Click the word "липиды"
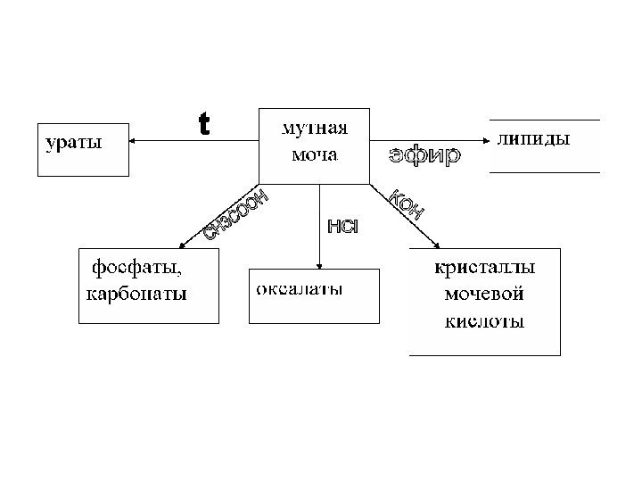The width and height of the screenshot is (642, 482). click(533, 139)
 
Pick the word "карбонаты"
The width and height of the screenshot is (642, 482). click(136, 293)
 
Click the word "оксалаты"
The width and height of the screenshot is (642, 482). click(300, 289)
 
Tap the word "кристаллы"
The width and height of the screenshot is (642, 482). click(485, 267)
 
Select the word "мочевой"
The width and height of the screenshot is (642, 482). click(484, 294)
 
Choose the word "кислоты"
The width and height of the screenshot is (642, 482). click(484, 320)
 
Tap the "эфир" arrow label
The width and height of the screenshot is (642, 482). click(424, 157)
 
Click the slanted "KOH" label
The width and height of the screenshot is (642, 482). click(403, 204)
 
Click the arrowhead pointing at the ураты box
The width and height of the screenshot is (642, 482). click(132, 141)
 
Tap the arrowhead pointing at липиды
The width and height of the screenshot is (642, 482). click(485, 140)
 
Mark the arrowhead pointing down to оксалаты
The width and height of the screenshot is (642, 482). click(319, 263)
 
